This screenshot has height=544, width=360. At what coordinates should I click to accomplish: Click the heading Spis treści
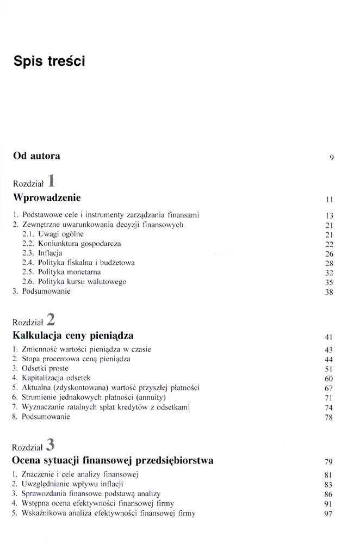point(50,61)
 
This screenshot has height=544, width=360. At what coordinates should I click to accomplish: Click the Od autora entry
point(36,156)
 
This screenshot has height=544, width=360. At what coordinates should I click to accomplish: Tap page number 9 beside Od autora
point(331,158)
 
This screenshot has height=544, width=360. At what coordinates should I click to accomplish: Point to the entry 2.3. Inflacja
point(42,253)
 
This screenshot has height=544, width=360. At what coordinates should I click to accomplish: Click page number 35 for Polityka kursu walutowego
point(328,282)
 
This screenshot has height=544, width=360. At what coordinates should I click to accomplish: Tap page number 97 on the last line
point(328,514)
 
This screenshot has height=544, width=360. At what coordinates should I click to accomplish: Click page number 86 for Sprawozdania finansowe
point(328,494)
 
